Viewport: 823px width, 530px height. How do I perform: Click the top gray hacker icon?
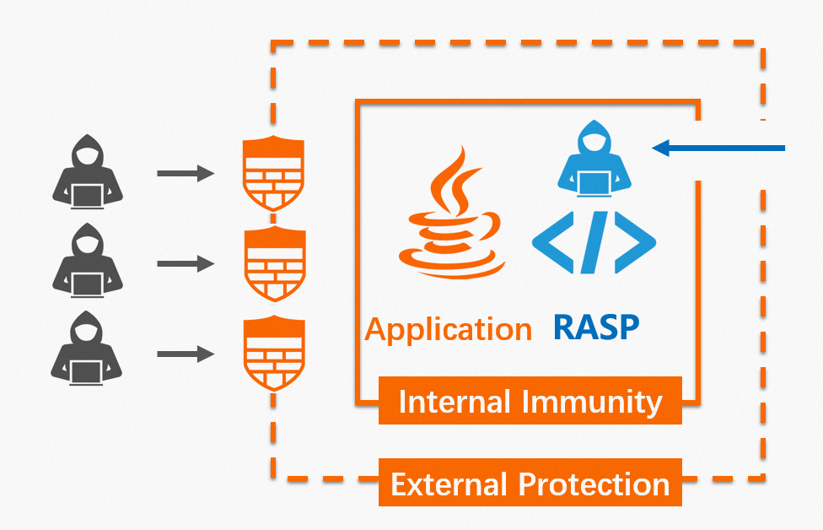87,172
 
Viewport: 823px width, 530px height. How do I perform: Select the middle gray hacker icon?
87,261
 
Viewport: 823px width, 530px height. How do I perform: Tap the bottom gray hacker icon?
87,349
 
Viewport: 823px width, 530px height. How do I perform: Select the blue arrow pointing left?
718,149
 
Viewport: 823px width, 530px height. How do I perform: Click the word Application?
448,329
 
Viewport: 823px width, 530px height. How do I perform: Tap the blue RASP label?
596,327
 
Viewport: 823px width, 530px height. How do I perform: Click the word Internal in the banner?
456,402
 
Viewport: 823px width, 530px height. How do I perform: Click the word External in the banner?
450,484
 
